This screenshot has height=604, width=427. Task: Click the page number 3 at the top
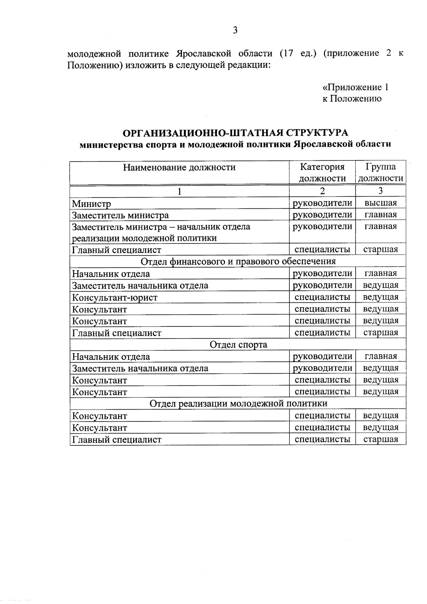coord(235,30)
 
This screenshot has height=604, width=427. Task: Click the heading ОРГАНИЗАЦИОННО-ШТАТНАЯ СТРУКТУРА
coord(235,133)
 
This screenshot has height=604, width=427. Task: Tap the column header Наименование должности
coord(179,167)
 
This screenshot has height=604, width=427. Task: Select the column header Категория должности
coord(322,172)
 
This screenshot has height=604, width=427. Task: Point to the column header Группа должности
coord(380,172)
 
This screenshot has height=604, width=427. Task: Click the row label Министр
coord(91,204)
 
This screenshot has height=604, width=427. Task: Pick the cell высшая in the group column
coord(380,203)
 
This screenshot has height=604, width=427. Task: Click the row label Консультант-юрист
coord(115,297)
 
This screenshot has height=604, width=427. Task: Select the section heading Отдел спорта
coord(238,345)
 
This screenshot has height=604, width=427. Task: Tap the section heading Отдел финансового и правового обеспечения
coord(238,261)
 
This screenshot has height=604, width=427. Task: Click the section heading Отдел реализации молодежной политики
coord(238,403)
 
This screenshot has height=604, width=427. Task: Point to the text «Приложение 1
coord(355,87)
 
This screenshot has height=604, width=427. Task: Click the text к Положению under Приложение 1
coord(352,99)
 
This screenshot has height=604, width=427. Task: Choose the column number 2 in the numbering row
coord(322,191)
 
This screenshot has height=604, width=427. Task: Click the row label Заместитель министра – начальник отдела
coord(161,227)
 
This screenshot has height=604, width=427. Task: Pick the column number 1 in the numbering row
coord(179,191)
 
